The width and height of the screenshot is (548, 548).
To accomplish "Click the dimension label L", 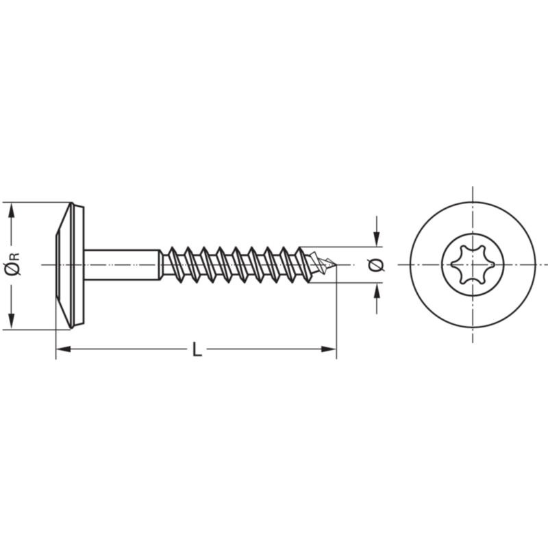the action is tap(197, 349).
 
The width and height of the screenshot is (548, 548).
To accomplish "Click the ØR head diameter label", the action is tap(12, 264).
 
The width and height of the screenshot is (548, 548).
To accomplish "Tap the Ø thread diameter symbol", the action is tap(376, 265).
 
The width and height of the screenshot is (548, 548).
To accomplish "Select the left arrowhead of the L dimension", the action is tap(63, 349).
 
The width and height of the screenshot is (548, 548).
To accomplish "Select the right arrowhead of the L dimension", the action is tap(329, 349).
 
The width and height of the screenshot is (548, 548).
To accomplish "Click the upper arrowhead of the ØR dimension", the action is tap(12, 210).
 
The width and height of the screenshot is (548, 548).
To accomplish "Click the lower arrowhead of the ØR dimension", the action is tap(12, 321).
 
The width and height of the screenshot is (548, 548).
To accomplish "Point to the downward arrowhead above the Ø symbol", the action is tap(376, 239).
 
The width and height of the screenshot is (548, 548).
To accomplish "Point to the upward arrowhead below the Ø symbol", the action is tap(376, 290).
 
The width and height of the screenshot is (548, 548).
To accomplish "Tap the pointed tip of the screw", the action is tap(336, 265).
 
